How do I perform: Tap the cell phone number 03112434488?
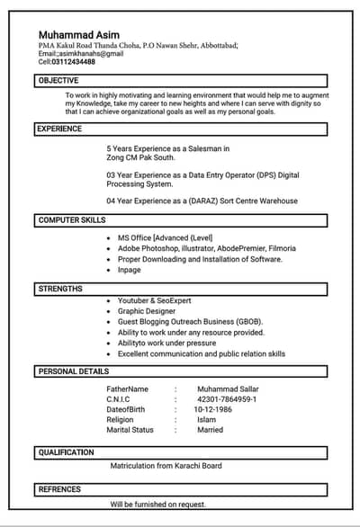74,62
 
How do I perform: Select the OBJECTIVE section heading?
58,81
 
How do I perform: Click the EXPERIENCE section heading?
60,129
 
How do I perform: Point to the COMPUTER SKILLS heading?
72,220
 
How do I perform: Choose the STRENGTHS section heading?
60,289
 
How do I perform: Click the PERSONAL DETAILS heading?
74,371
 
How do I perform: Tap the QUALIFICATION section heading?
66,452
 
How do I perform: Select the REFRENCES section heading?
59,489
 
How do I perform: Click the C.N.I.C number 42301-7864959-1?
227,399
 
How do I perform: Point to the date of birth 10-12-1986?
212,409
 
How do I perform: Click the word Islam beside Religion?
206,420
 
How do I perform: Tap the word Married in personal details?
210,430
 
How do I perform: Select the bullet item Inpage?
130,270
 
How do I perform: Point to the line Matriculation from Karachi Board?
166,466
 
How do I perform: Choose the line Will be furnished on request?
157,505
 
